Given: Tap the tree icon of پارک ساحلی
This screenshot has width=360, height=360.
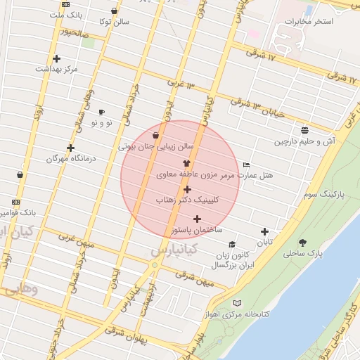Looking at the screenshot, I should [x=302, y=243].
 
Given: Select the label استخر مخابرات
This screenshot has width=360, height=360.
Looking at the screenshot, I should [x=309, y=22].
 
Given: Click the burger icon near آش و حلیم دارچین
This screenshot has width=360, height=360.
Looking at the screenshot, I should [x=304, y=130].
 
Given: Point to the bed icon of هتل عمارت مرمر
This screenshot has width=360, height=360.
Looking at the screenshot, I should [x=245, y=164].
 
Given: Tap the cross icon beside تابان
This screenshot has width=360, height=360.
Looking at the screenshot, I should [x=264, y=231].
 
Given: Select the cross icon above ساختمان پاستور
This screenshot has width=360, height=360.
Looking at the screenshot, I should [x=197, y=219].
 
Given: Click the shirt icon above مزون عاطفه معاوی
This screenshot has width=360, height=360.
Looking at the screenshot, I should [x=186, y=162].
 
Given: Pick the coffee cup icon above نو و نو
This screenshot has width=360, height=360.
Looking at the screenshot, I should [x=101, y=112].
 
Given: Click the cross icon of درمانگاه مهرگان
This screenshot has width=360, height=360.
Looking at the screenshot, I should [x=70, y=148].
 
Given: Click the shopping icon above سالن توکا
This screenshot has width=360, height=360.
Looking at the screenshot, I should [x=114, y=11].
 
